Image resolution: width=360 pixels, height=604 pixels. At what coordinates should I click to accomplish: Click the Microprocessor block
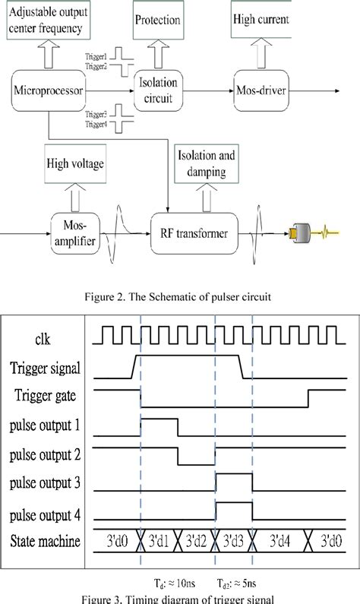[x=47, y=92]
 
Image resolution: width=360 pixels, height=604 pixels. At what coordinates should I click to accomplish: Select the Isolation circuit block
[x=159, y=91]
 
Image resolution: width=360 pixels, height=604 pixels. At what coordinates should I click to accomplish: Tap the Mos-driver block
[x=262, y=91]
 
